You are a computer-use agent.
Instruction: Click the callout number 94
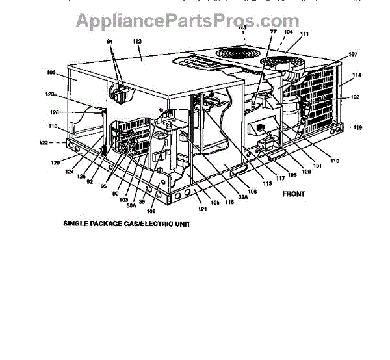[x=109, y=41]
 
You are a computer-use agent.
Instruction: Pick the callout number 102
[x=355, y=97]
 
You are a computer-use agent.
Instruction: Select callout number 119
[x=357, y=127]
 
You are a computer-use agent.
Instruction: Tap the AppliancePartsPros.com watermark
[x=195, y=21]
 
